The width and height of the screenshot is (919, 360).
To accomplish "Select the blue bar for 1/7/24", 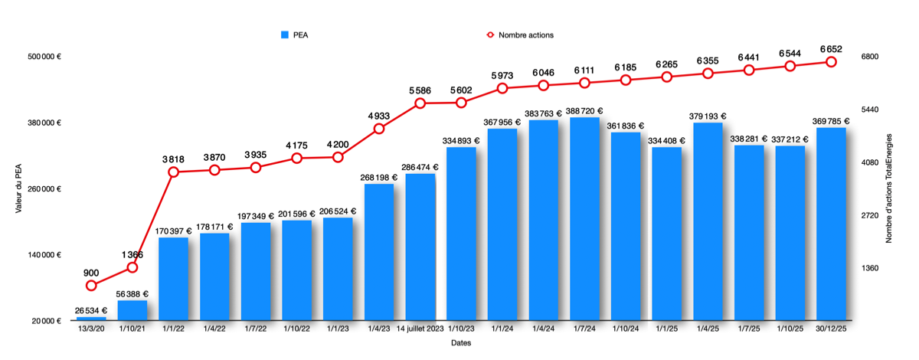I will pos(584,218).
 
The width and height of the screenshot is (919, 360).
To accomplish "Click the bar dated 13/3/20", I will pos(91,319).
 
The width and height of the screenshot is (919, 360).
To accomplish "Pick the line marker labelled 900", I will pos(91,286).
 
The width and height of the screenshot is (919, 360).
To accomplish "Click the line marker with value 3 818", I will pos(174,172).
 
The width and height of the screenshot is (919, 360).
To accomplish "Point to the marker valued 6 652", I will pos(831,62).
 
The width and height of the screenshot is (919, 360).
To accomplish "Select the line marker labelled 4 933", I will pos(379,129).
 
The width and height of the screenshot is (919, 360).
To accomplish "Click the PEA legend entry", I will pos(296,34).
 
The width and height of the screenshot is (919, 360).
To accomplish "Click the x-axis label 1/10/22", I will pos(296,329).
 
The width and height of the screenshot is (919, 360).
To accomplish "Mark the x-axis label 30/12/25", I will pos(831,329).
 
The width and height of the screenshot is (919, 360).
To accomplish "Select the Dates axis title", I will pos(460,343).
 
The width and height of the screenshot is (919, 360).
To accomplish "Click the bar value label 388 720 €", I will pos(584,110).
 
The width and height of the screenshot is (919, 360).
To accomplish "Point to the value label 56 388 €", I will pos(132,294).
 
